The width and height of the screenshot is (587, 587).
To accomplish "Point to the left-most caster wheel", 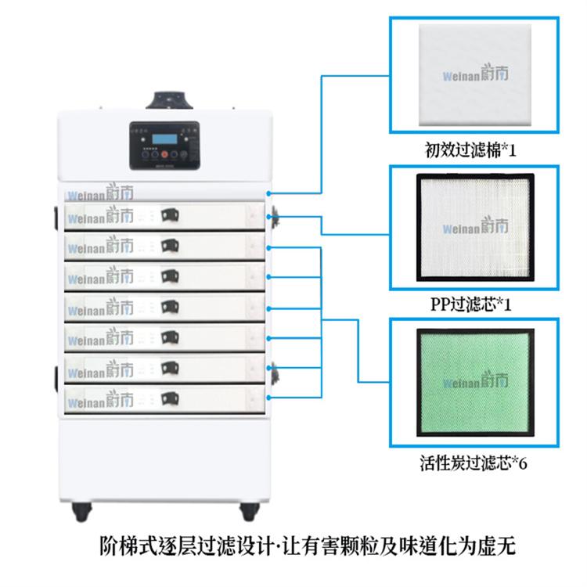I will point(80,512).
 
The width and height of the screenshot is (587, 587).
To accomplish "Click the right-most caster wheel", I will point(250,512).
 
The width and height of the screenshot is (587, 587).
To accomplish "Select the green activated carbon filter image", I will point(475,381).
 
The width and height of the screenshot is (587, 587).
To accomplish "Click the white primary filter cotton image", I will point(475,76).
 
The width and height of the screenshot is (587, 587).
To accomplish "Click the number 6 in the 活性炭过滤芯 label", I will point(523,463).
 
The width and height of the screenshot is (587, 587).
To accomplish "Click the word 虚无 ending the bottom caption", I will point(500,545).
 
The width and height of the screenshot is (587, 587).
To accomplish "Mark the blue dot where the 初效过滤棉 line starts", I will point(270,192).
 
